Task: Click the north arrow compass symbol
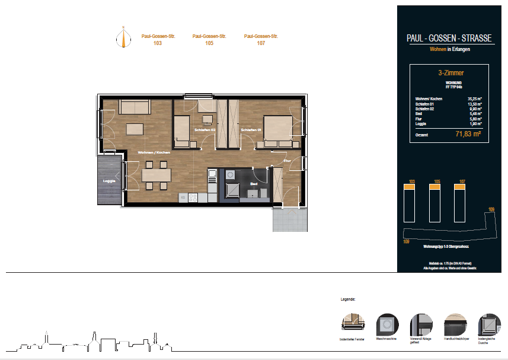tap(123, 37)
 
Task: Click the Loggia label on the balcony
tap(108, 180)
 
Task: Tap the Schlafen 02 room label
tap(205, 129)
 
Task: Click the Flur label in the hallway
tap(287, 161)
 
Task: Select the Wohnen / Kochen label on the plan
tap(154, 153)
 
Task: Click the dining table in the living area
tap(156, 175)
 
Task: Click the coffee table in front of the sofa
tap(135, 129)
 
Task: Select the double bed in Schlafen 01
tap(277, 129)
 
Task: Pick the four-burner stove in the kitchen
tap(193, 198)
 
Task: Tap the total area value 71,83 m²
tap(468, 135)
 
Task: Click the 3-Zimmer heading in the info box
tap(451, 73)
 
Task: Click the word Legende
tap(347, 301)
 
